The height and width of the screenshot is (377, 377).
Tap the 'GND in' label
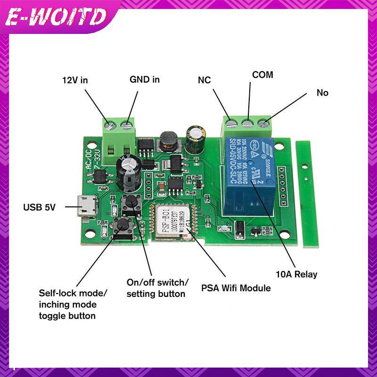click(x=145, y=79)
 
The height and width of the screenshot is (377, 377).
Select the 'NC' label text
click(x=204, y=80)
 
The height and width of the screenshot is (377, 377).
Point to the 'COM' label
click(x=262, y=74)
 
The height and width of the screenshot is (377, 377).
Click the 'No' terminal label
click(x=322, y=93)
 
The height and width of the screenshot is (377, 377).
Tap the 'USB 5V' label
click(x=40, y=206)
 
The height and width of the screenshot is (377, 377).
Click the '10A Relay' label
click(x=296, y=274)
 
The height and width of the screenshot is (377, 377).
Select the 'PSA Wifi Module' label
click(x=236, y=287)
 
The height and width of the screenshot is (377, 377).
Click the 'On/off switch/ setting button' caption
click(x=157, y=287)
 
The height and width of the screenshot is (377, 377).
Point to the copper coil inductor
click(x=167, y=140)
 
